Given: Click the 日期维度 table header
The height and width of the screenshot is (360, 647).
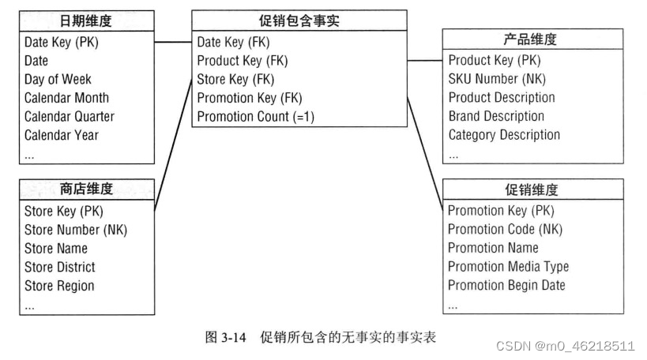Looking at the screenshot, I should (86, 21).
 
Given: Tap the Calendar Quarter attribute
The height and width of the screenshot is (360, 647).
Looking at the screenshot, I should (69, 116).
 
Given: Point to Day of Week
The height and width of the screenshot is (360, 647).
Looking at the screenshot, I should (58, 79).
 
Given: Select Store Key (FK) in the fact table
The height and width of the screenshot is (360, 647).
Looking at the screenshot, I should (235, 79).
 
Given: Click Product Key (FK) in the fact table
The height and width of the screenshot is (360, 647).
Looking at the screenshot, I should (242, 60).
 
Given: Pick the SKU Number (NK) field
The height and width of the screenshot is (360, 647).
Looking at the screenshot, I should (497, 79).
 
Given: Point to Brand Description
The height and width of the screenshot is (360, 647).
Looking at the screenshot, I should (496, 116).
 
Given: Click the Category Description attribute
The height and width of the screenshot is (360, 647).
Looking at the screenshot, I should (504, 134).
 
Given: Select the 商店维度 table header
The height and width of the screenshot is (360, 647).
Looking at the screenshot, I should (86, 189).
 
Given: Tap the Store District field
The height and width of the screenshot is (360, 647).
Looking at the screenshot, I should (59, 267).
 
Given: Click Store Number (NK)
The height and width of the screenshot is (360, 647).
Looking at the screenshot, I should (75, 230).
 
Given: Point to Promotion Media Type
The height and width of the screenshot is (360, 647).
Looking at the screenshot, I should (508, 267).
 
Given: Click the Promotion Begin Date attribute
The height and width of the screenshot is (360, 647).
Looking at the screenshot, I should (506, 285).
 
